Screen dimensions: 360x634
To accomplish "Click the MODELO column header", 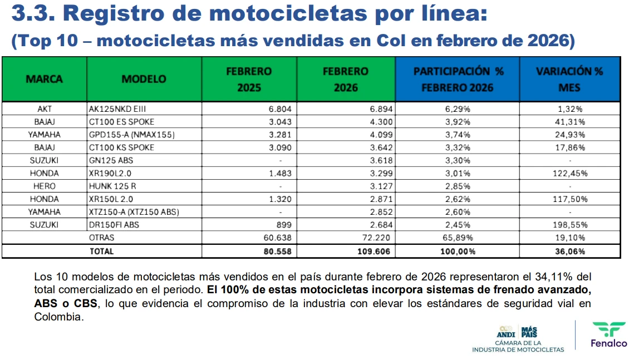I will [144, 79].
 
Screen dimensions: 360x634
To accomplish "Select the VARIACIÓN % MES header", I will [569, 79].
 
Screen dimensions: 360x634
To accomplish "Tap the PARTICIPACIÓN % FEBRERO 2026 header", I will [458, 79].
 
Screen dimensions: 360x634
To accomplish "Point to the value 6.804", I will [280, 109].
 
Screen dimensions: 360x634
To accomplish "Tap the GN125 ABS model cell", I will [111, 160].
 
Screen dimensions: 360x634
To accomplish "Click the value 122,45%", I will [570, 174].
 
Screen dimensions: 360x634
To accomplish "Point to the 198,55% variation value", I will [570, 225].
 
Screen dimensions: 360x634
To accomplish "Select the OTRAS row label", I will [101, 238].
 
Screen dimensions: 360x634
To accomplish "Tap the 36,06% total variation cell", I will [570, 251].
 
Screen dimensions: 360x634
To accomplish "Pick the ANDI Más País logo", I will [517, 332].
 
